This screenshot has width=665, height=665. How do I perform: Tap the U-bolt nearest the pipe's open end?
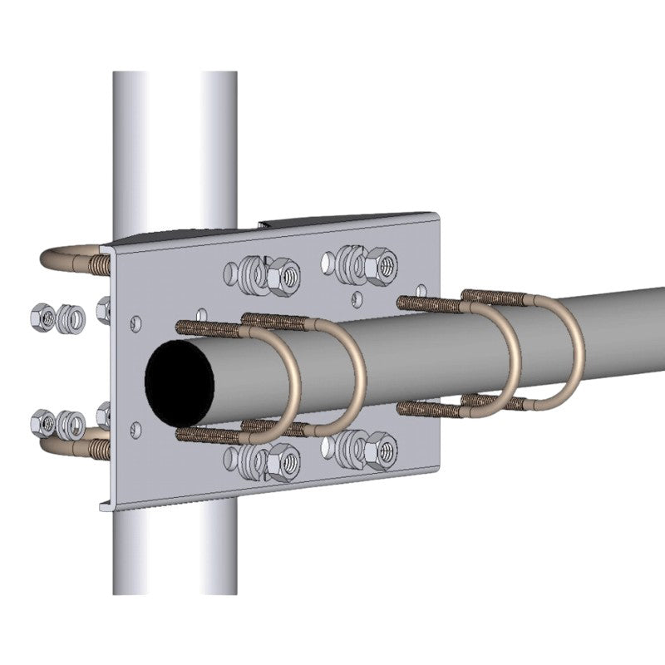pyautogui.click(x=293, y=378)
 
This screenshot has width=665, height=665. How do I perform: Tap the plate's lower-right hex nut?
pyautogui.click(x=383, y=449)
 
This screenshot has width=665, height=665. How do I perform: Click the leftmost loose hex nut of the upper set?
pyautogui.click(x=39, y=315)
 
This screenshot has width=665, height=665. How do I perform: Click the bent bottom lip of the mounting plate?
pyautogui.click(x=166, y=499)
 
